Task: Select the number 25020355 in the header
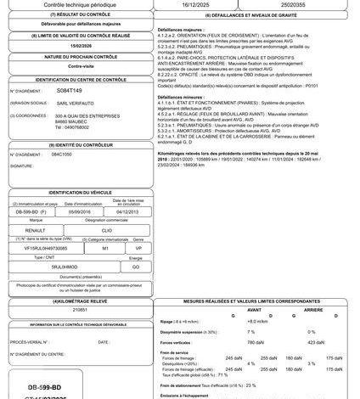coord(299,4)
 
